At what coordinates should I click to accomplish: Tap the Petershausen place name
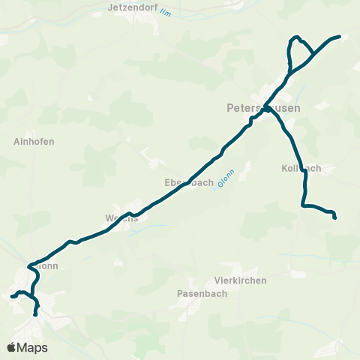[263, 108]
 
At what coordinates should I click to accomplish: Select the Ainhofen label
[34, 141]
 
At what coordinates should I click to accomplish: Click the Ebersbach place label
[189, 182]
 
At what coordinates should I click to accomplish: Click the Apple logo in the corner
[11, 347]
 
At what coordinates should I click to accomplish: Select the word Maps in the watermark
[32, 347]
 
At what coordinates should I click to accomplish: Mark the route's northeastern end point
[340, 36]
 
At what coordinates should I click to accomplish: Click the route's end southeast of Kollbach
[334, 218]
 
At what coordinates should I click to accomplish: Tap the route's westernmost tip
[12, 297]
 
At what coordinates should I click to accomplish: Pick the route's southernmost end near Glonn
[36, 315]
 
